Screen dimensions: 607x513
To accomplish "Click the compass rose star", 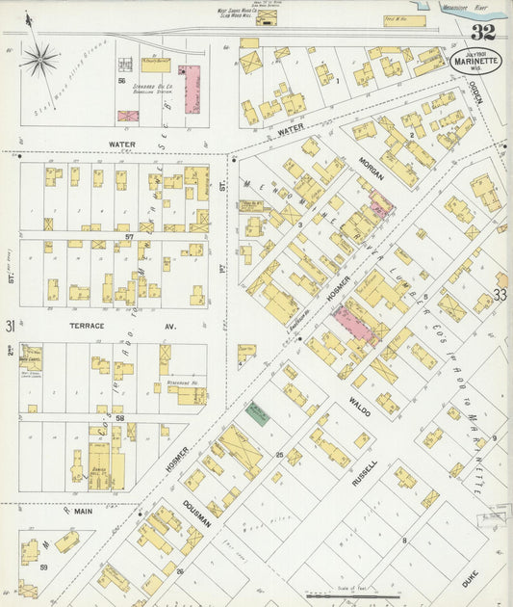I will click(39, 61).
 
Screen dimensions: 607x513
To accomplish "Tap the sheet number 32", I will click(484, 32).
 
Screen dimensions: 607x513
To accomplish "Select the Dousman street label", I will click(198, 501).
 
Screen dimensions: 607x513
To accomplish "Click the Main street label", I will click(82, 511).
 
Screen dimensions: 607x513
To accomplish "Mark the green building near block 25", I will click(257, 414).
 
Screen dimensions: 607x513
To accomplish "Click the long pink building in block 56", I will click(192, 89).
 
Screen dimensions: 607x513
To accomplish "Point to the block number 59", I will click(44, 567).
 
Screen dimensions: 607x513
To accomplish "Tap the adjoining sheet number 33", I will click(500, 294).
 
